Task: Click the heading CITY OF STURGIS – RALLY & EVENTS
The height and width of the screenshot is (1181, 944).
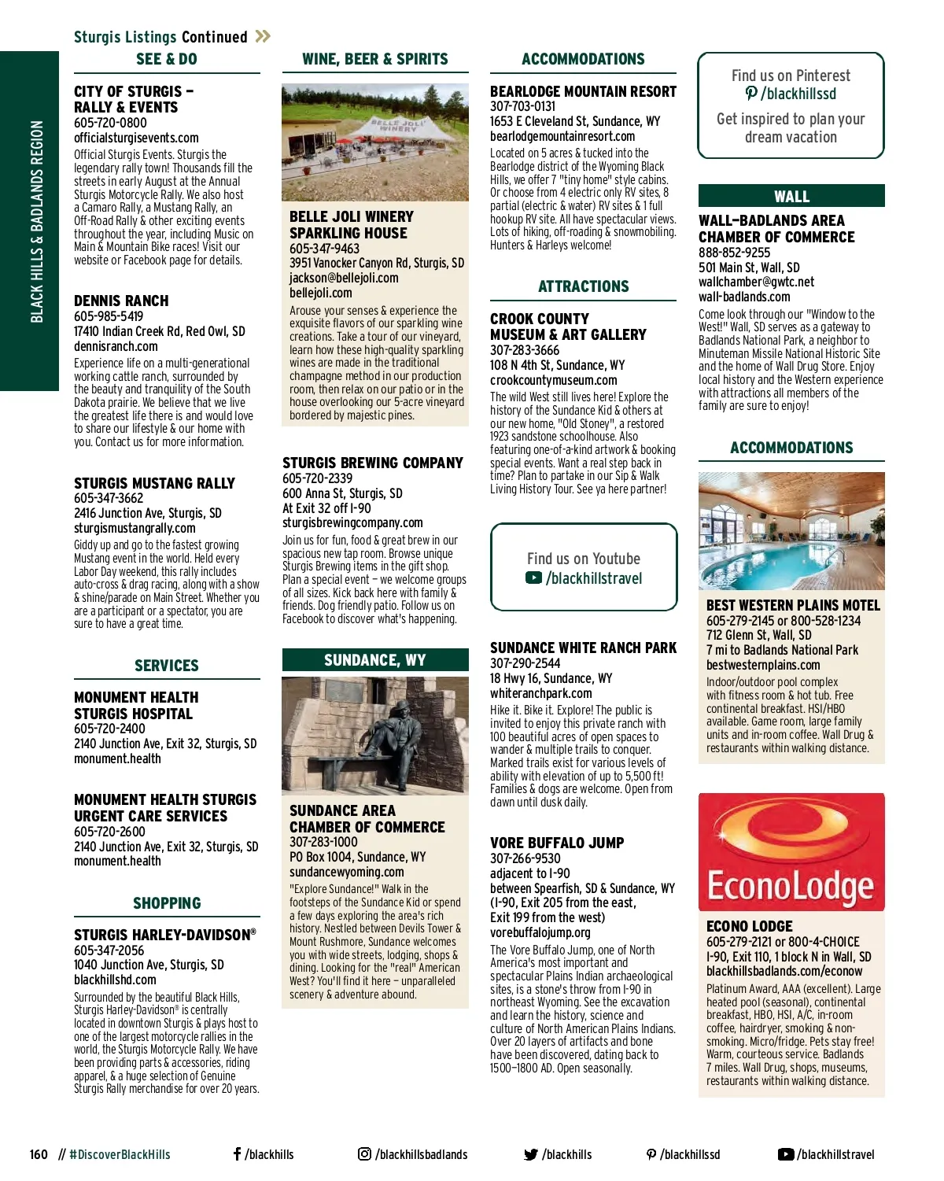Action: pyautogui.click(x=134, y=99)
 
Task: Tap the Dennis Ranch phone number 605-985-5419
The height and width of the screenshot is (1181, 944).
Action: pyautogui.click(x=109, y=316)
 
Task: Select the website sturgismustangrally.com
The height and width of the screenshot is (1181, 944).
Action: pyautogui.click(x=135, y=528)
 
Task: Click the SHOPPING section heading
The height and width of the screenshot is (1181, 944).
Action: pyautogui.click(x=167, y=903)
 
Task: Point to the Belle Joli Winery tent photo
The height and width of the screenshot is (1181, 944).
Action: pyautogui.click(x=374, y=142)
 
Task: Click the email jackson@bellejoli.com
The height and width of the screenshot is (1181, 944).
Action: pyautogui.click(x=344, y=278)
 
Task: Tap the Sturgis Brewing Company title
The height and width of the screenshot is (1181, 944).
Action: pyautogui.click(x=373, y=463)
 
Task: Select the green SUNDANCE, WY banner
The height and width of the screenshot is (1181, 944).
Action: pyautogui.click(x=374, y=660)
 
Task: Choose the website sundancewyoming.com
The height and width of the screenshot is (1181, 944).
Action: pyautogui.click(x=347, y=872)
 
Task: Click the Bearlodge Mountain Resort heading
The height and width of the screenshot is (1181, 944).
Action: pyautogui.click(x=583, y=91)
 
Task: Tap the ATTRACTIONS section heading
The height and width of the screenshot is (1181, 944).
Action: pyautogui.click(x=583, y=286)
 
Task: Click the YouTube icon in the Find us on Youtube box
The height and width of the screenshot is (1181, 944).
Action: pyautogui.click(x=533, y=578)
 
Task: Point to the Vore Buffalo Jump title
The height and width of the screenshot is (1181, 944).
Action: pyautogui.click(x=557, y=843)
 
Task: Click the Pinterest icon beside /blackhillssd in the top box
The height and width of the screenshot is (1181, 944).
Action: pyautogui.click(x=751, y=94)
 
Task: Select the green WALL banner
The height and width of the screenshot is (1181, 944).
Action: pyautogui.click(x=791, y=196)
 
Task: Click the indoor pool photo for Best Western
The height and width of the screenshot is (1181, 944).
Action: pyautogui.click(x=791, y=531)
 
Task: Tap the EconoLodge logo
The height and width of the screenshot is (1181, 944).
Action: pyautogui.click(x=791, y=852)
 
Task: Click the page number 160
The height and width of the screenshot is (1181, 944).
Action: pyautogui.click(x=39, y=1154)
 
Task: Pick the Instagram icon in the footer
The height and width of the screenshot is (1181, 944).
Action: pyautogui.click(x=364, y=1154)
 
